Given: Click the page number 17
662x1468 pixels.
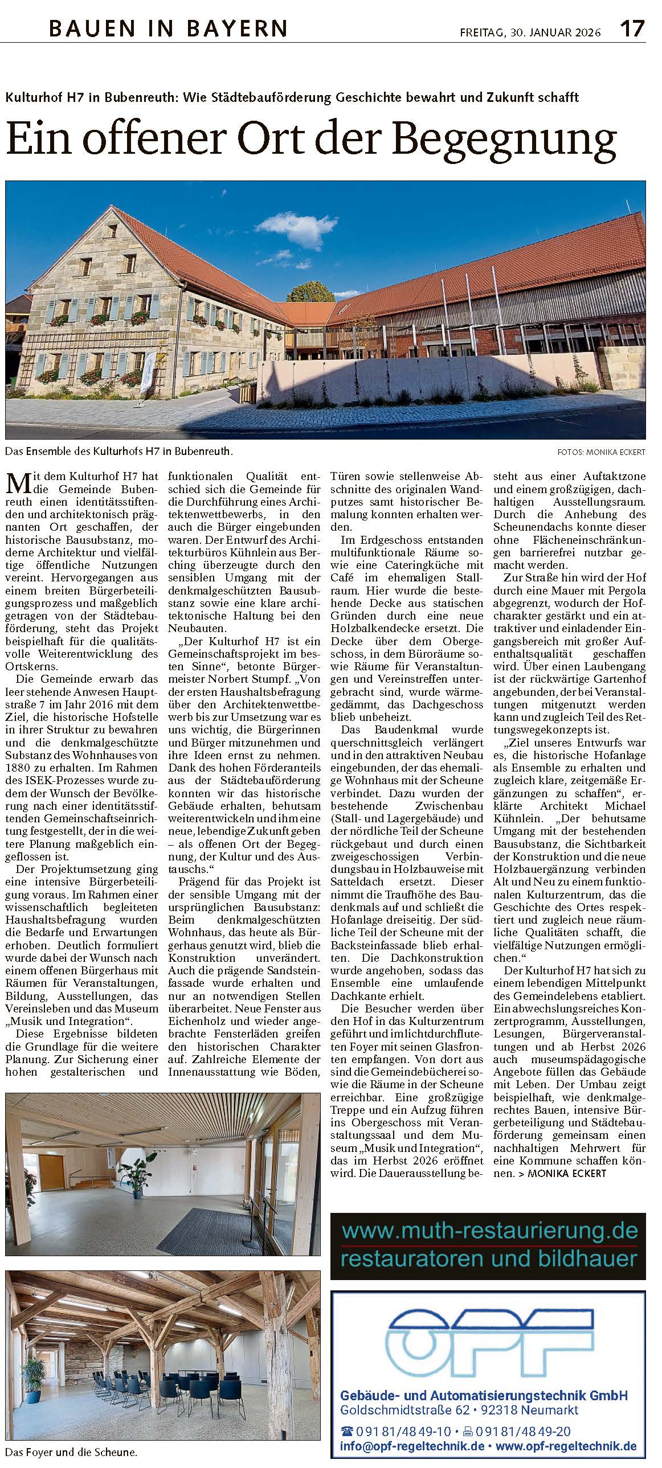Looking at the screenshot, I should click(x=632, y=28).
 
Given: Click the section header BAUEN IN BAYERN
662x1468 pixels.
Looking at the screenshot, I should click(x=168, y=28).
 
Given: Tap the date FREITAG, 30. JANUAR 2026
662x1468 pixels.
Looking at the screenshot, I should click(x=530, y=32).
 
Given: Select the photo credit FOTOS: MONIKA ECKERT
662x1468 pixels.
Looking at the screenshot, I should click(x=602, y=452).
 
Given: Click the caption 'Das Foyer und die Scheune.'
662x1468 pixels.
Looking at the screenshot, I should click(x=71, y=1452).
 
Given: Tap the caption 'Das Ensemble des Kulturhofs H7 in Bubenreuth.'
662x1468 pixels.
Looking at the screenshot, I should click(x=119, y=452).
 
